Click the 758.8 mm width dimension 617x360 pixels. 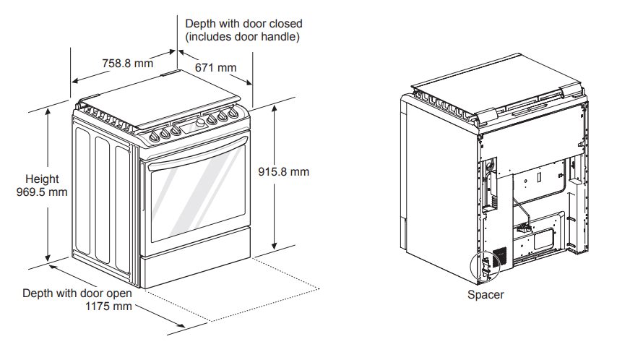(x=127, y=63)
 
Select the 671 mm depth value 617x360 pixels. (x=215, y=68)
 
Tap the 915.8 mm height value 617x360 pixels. (x=283, y=172)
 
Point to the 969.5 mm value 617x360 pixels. (x=42, y=192)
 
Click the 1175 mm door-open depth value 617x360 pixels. (x=109, y=307)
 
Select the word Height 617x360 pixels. (x=42, y=179)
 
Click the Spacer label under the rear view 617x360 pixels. (x=486, y=295)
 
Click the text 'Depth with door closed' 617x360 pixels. (x=243, y=24)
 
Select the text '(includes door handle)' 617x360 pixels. (x=242, y=36)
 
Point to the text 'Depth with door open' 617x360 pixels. (x=77, y=293)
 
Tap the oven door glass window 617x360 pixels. (x=195, y=199)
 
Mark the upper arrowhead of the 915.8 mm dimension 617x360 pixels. (x=275, y=107)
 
